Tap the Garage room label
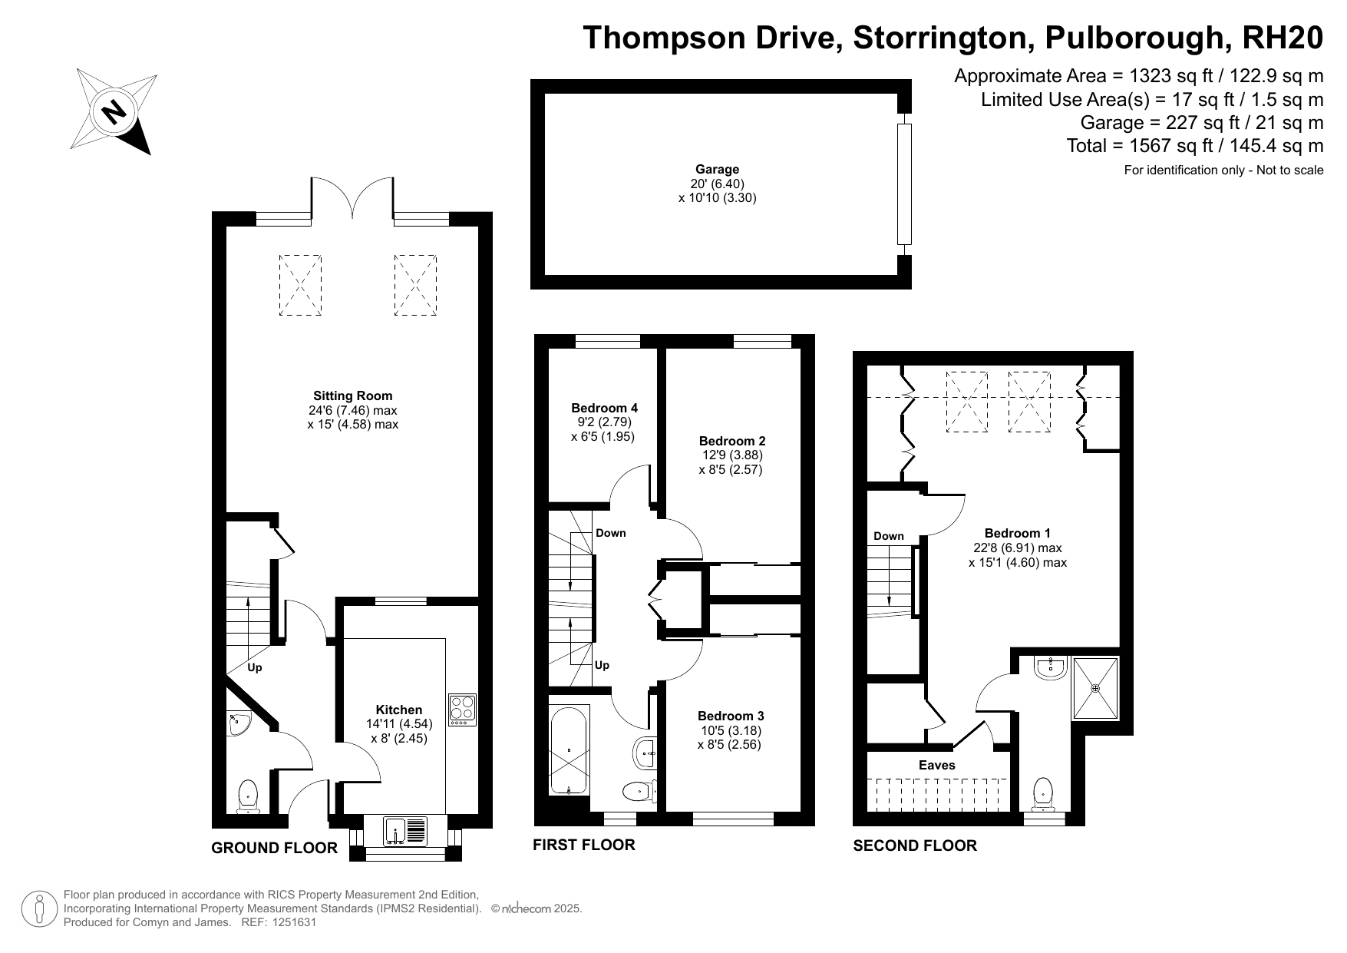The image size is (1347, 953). pyautogui.click(x=717, y=169)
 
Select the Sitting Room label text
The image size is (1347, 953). pyautogui.click(x=352, y=395)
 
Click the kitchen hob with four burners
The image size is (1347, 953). pyautogui.click(x=462, y=710)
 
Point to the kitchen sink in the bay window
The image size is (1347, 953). pyautogui.click(x=406, y=831)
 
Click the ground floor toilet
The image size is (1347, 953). pyautogui.click(x=248, y=796)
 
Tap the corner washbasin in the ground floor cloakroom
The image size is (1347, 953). pyautogui.click(x=239, y=723)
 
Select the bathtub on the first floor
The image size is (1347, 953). pyautogui.click(x=570, y=749)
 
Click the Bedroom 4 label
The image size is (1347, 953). pyautogui.click(x=604, y=408)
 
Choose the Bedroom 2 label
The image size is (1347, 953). pyautogui.click(x=732, y=441)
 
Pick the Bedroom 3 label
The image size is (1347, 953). pyautogui.click(x=731, y=716)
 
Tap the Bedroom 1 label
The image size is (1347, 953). pyautogui.click(x=1018, y=533)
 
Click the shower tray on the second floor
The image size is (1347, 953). pyautogui.click(x=1095, y=687)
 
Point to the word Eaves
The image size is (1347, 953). pyautogui.click(x=937, y=765)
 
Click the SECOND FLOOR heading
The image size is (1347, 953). pyautogui.click(x=915, y=845)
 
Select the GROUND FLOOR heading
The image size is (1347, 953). pyautogui.click(x=274, y=848)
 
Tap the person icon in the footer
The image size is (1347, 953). pyautogui.click(x=41, y=909)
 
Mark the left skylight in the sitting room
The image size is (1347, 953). pyautogui.click(x=300, y=285)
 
